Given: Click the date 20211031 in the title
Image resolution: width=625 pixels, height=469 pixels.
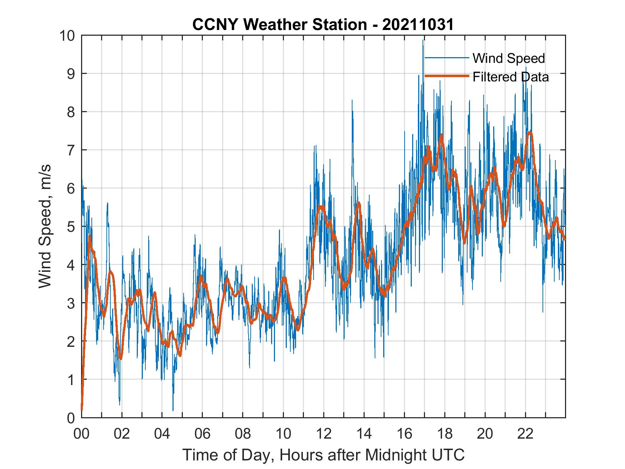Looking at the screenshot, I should [x=418, y=25].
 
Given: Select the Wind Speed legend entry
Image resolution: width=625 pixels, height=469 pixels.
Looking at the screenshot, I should [x=509, y=58].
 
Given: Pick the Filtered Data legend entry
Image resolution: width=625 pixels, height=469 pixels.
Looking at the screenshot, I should [x=510, y=77].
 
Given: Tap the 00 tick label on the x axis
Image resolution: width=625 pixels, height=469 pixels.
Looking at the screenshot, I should [x=81, y=434].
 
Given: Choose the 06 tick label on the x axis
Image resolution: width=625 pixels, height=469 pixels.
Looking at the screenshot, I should [x=202, y=434].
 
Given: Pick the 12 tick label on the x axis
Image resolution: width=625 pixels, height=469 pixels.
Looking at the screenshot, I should [x=324, y=434].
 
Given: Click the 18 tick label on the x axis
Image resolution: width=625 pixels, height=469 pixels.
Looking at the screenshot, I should [x=445, y=434].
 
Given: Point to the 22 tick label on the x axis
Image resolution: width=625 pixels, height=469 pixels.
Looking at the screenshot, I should [x=525, y=434].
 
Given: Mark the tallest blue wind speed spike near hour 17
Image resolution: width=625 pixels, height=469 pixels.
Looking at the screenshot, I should [x=423, y=41].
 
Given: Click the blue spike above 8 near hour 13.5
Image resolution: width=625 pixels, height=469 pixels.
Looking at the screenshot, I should [x=352, y=101].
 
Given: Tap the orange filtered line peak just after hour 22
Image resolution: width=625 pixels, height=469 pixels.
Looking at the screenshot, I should [x=530, y=133].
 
